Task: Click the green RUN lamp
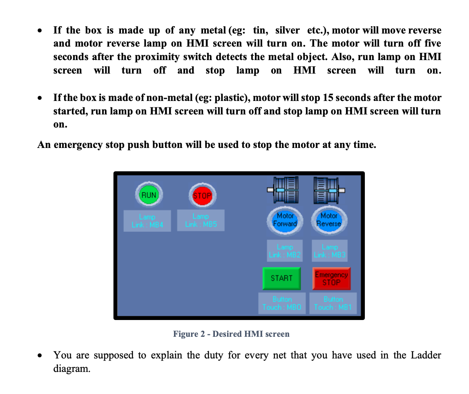tap(149, 195)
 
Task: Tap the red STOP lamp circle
tap(202, 195)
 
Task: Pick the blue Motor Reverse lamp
tap(329, 220)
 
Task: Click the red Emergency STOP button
tap(331, 278)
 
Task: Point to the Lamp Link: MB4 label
tap(147, 221)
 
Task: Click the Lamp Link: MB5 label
tap(201, 220)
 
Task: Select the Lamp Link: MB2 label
tap(285, 251)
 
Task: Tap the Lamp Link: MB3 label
tap(330, 251)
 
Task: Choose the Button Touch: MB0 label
tap(282, 303)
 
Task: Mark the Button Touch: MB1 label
tap(333, 303)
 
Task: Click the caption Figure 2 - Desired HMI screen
tap(231, 334)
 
